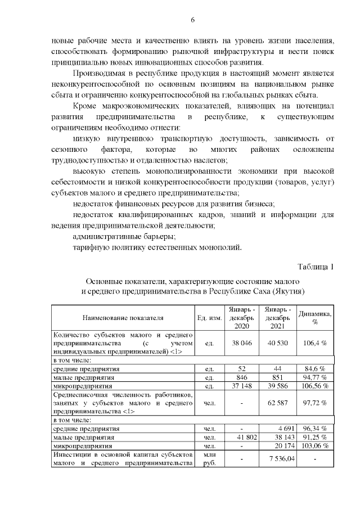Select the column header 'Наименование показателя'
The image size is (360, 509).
point(123,318)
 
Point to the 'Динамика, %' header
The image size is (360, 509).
point(315,318)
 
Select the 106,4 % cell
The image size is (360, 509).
point(315,342)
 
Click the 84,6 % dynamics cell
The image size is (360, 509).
point(315,368)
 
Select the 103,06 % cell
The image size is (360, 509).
point(315,446)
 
